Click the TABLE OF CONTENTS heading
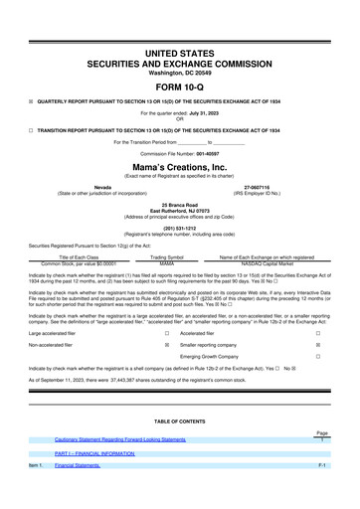[180, 421]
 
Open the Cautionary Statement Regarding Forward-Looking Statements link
[120, 439]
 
